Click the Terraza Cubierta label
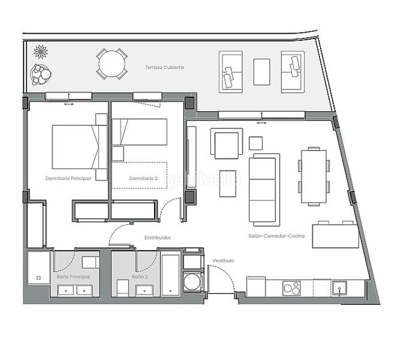tap(164, 67)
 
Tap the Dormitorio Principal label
tap(68, 178)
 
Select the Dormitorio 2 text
tap(143, 178)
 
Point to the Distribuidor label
tap(158, 238)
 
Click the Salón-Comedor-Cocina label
tap(276, 236)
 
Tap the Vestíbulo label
tap(223, 260)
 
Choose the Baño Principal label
tap(73, 277)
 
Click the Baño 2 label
tap(140, 277)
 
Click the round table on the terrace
tap(112, 63)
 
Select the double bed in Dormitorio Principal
tap(76, 146)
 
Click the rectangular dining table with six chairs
tap(313, 176)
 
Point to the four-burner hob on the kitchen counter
tap(292, 289)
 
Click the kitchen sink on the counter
tap(339, 288)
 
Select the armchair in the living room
tap(227, 144)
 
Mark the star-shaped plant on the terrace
tap(41, 51)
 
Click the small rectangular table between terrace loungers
tap(261, 72)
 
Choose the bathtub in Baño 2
tap(170, 275)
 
